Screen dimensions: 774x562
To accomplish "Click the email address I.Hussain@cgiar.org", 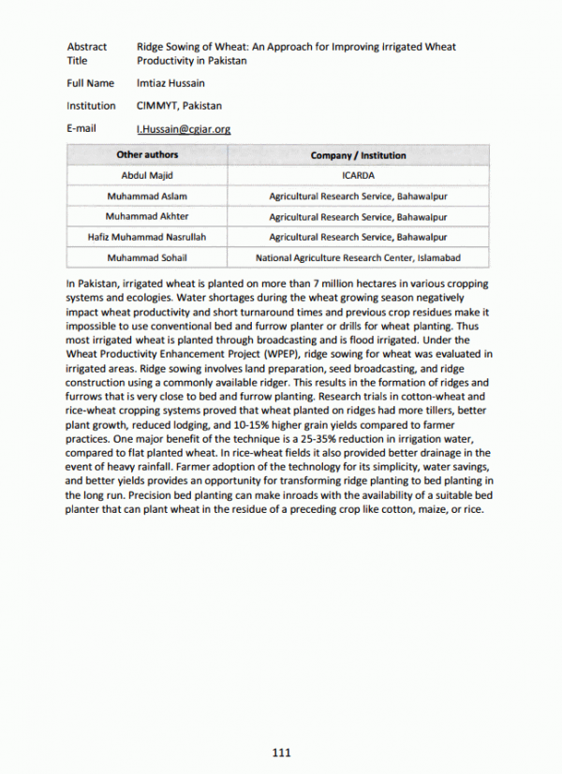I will coord(184,129).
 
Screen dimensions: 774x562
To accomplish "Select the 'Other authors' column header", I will coord(147,155).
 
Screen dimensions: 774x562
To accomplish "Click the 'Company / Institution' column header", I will coord(358,155).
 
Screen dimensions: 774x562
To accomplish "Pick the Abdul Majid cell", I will coord(147,176).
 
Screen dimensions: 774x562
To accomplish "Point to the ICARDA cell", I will coord(358,176).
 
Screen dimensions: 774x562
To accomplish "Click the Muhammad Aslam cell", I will coord(147,197).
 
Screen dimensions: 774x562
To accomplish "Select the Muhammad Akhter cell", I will coord(147,217).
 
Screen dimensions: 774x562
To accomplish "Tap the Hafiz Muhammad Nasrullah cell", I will coord(147,238).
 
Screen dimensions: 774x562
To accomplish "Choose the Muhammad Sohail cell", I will coord(147,257).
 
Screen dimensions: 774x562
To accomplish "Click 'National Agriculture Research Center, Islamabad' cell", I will coord(358,257).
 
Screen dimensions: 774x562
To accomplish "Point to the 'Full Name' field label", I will coord(90,83).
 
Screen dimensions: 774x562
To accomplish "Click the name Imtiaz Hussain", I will coord(172,83).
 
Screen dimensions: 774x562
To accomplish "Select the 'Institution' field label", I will coord(92,106).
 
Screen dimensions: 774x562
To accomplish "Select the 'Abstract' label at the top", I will coord(87,46).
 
